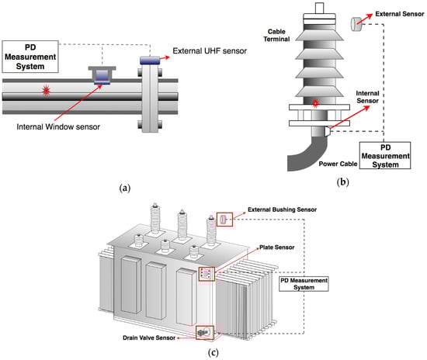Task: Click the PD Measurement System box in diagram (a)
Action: point(30,57)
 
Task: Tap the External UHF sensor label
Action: point(210,51)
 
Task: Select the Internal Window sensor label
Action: point(58,126)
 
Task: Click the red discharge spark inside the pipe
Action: point(46,90)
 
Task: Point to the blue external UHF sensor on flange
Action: point(150,61)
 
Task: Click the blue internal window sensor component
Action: point(102,77)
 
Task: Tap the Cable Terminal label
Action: point(276,36)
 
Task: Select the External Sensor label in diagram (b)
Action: point(400,14)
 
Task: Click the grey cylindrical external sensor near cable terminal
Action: point(356,24)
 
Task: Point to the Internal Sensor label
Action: point(367,97)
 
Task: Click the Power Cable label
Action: point(338,164)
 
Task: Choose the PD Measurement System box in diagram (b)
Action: point(385,156)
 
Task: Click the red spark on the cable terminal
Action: point(315,103)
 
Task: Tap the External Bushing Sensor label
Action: point(282,209)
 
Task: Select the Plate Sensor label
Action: point(276,247)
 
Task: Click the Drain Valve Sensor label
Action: point(149,337)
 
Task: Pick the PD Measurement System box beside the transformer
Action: point(304,284)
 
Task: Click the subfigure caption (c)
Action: point(213,353)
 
